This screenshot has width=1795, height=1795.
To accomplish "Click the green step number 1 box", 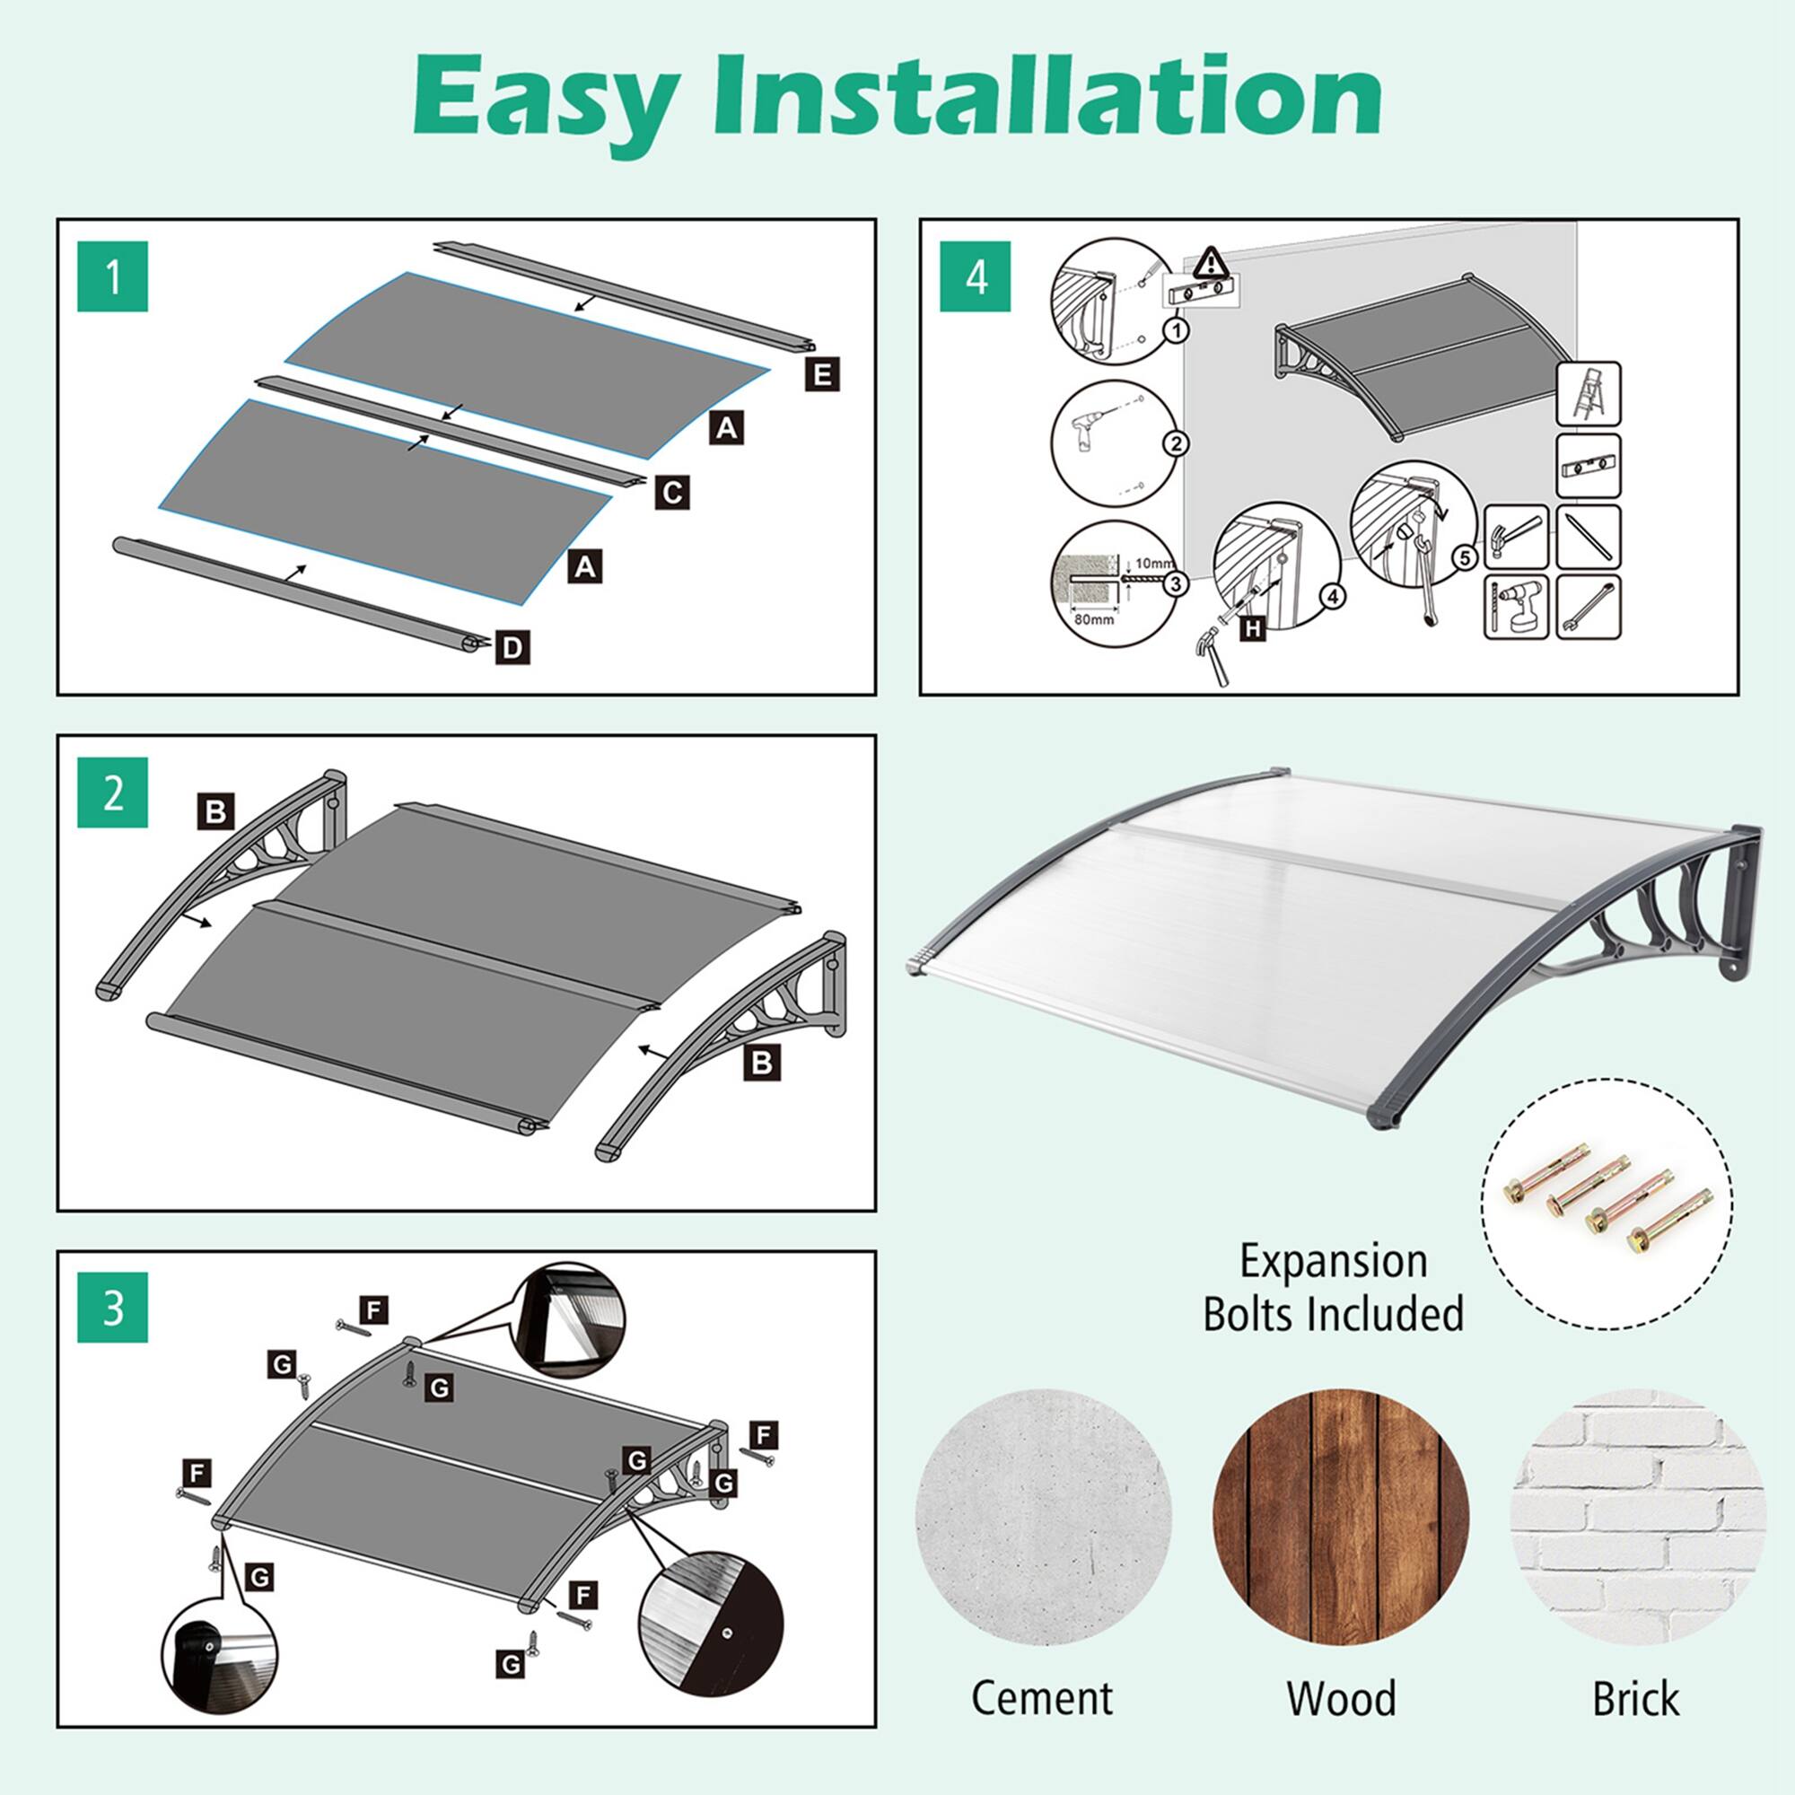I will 112,276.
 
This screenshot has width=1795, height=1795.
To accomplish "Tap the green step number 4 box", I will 976,276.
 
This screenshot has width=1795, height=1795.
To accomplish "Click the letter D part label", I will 512,648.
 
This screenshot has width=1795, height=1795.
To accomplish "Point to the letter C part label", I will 671,492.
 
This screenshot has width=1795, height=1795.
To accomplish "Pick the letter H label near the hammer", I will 1253,629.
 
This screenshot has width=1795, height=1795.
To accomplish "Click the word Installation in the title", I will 1050,100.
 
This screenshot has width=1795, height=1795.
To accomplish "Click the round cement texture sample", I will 1044,1515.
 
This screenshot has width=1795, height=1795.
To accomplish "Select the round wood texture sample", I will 1341,1515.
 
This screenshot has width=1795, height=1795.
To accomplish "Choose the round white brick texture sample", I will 1638,1515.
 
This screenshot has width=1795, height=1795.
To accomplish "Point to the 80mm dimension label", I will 1093,619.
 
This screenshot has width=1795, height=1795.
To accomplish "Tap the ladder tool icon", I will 1588,394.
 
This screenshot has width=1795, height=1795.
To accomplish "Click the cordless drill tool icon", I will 1516,607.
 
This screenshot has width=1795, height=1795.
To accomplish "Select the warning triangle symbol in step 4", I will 1209,263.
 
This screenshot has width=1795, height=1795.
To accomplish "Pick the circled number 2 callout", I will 1177,443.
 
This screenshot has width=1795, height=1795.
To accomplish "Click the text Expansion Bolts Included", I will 1334,1287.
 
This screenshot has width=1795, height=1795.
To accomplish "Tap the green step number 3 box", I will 112,1308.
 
